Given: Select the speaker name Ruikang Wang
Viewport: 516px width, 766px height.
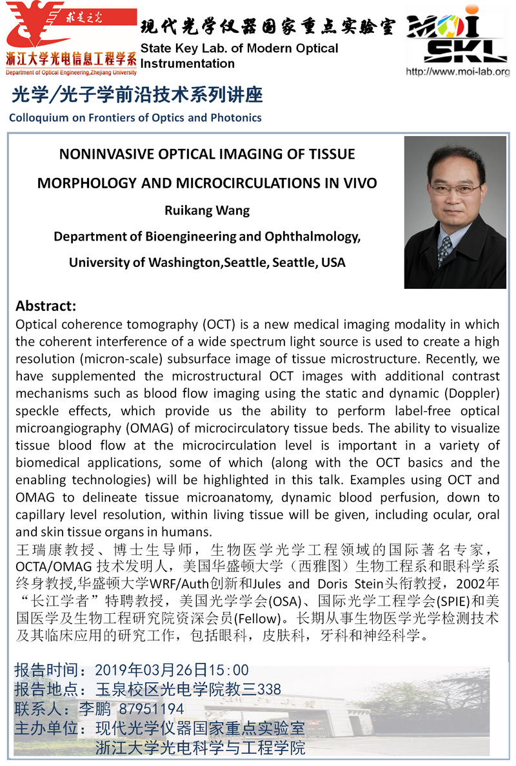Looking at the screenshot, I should tap(206, 210).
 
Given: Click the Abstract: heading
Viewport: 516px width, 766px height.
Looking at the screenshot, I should tap(46, 305).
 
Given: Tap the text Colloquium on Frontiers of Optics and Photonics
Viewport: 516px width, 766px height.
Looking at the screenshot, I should tap(135, 117).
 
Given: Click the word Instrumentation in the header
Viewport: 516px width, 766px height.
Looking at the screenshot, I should tap(187, 63).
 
